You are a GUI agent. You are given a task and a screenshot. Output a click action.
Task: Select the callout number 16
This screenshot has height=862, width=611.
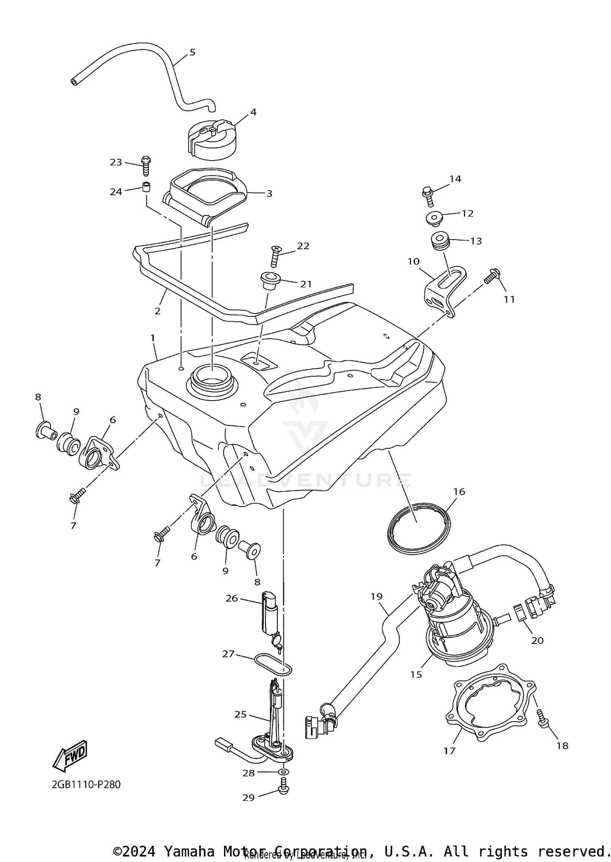click(x=459, y=492)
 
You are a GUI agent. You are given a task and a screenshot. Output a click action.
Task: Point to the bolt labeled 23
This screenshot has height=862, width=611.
click(x=146, y=166)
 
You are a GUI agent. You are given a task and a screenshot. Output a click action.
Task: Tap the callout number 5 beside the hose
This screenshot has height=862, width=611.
click(x=192, y=52)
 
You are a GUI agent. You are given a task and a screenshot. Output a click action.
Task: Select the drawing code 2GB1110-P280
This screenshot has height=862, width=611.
click(x=86, y=796)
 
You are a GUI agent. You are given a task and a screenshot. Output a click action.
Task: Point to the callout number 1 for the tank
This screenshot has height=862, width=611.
click(x=153, y=338)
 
